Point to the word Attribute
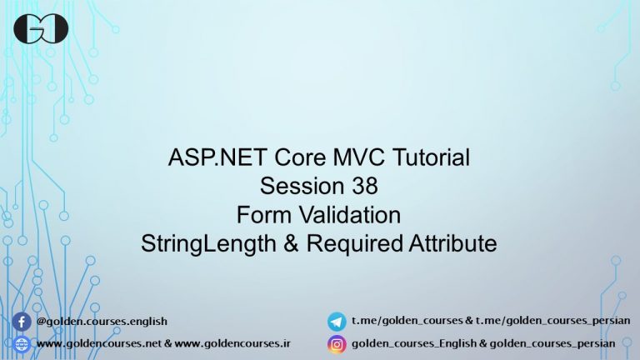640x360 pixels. click(453, 243)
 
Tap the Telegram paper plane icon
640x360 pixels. click(337, 321)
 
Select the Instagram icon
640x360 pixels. click(337, 343)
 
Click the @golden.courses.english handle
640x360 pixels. click(102, 321)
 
